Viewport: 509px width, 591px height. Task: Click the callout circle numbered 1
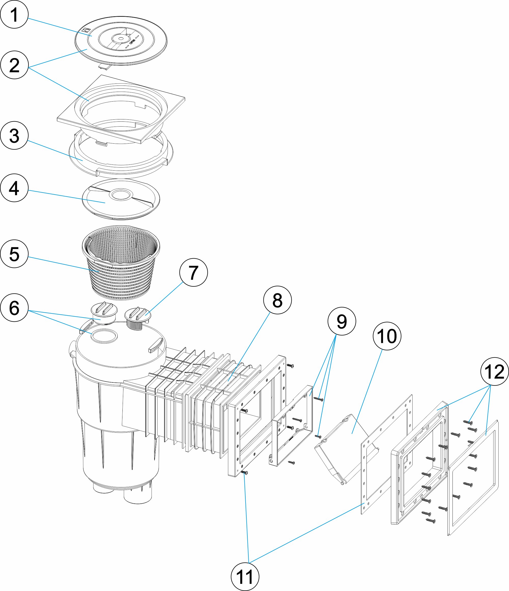[x=14, y=14]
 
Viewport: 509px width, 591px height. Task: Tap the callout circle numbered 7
[x=194, y=272]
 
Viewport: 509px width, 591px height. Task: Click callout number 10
[x=387, y=336]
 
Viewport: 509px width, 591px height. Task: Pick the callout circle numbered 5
[x=14, y=254]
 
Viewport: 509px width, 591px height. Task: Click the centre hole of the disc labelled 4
[x=121, y=195]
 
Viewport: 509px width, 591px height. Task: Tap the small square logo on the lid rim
[x=85, y=30]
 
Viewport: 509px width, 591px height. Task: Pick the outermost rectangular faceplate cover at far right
[x=473, y=479]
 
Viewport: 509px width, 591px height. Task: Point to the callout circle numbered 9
[x=342, y=321]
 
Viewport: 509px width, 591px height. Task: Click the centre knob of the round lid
[x=121, y=38]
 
